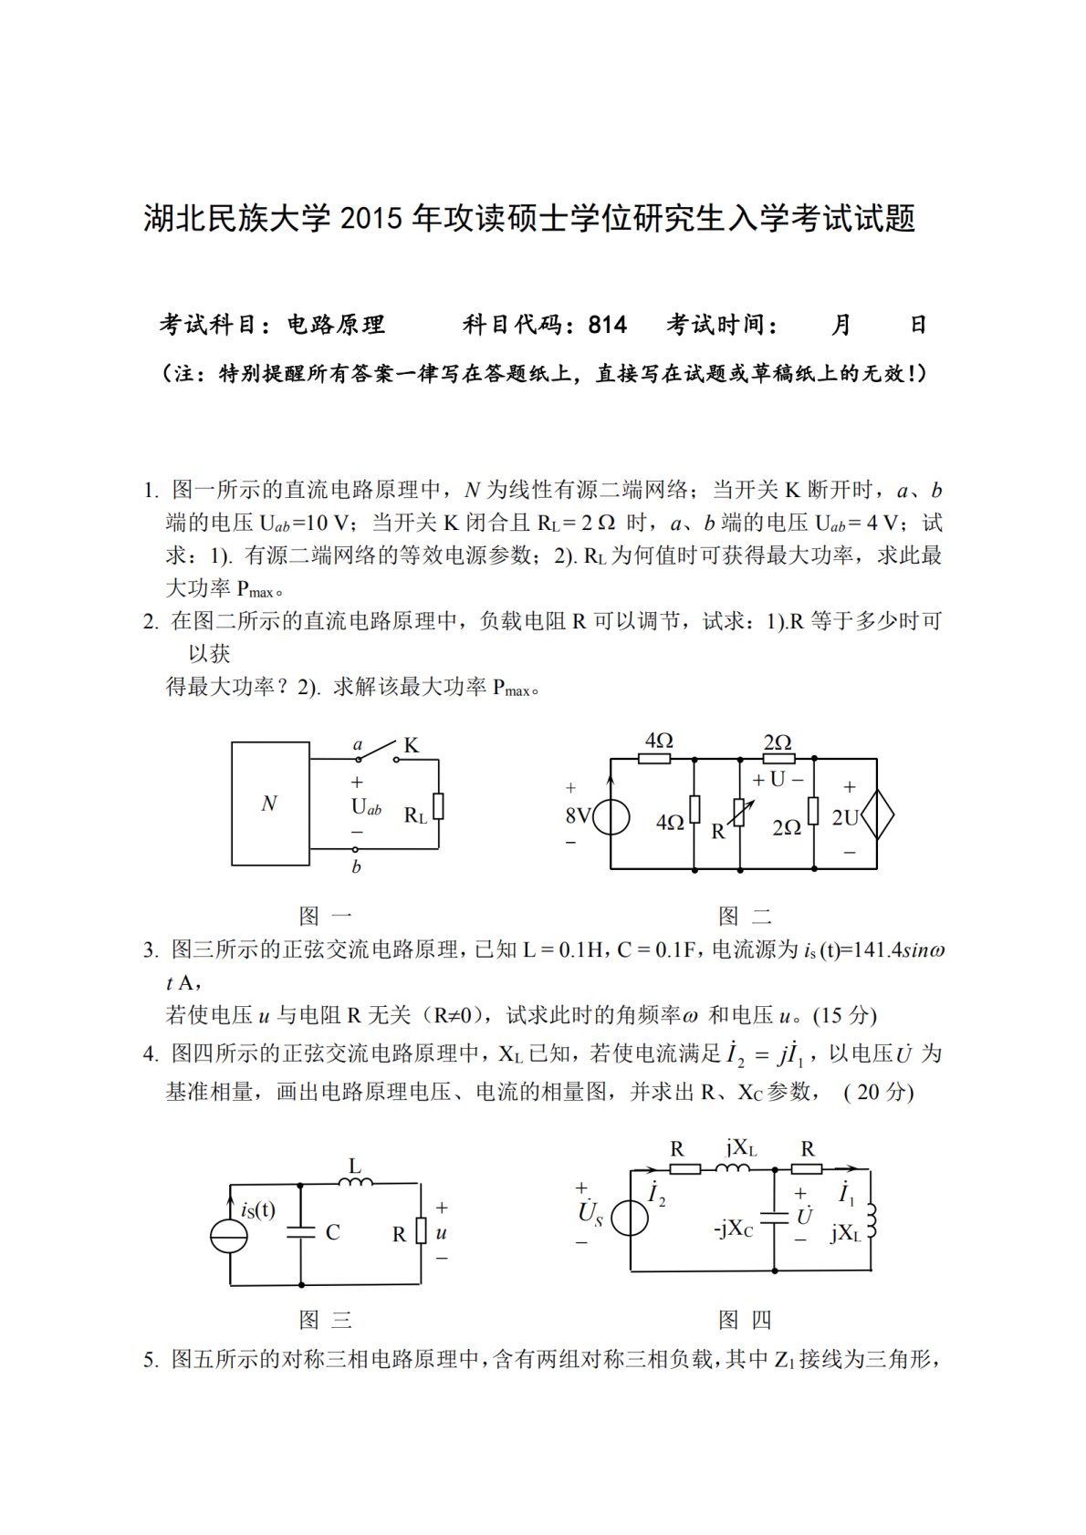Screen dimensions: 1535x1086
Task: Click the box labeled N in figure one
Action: [x=270, y=803]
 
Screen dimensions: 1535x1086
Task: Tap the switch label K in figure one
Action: [x=411, y=745]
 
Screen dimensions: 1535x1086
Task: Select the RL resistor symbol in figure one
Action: [x=439, y=806]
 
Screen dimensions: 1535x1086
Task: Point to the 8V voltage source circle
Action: [x=610, y=816]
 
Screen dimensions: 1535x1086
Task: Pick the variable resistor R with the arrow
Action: [x=738, y=812]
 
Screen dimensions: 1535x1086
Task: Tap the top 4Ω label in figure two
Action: [x=658, y=741]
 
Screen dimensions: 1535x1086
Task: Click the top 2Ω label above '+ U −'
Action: [x=778, y=742]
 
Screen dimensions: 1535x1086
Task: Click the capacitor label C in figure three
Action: [x=333, y=1232]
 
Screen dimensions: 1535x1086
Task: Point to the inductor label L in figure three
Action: [x=355, y=1166]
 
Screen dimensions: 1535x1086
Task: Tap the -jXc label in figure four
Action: [x=734, y=1229]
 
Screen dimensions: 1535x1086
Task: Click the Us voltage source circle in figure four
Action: [x=630, y=1218]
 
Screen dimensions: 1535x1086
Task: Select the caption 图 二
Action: [x=745, y=916]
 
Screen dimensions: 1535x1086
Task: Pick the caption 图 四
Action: [x=745, y=1320]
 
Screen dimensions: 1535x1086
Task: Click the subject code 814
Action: [x=608, y=325]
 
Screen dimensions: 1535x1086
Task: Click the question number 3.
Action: [x=150, y=950]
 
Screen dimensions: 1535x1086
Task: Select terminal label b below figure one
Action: [x=357, y=866]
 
